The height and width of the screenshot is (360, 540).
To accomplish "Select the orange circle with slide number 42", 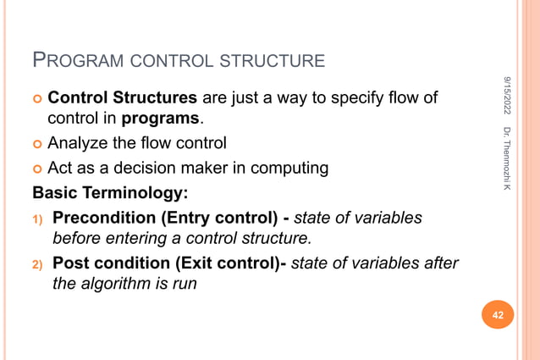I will click(x=498, y=316).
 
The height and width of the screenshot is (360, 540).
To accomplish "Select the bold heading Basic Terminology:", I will click(x=107, y=192).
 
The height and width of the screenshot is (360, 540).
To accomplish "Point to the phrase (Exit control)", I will click(x=227, y=263).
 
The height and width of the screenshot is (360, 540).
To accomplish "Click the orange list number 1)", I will click(x=38, y=219).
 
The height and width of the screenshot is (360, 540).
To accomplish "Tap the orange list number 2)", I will click(x=38, y=265).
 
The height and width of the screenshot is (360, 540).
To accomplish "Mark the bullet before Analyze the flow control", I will click(x=38, y=144).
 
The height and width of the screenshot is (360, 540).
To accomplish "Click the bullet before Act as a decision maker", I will click(x=38, y=169).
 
